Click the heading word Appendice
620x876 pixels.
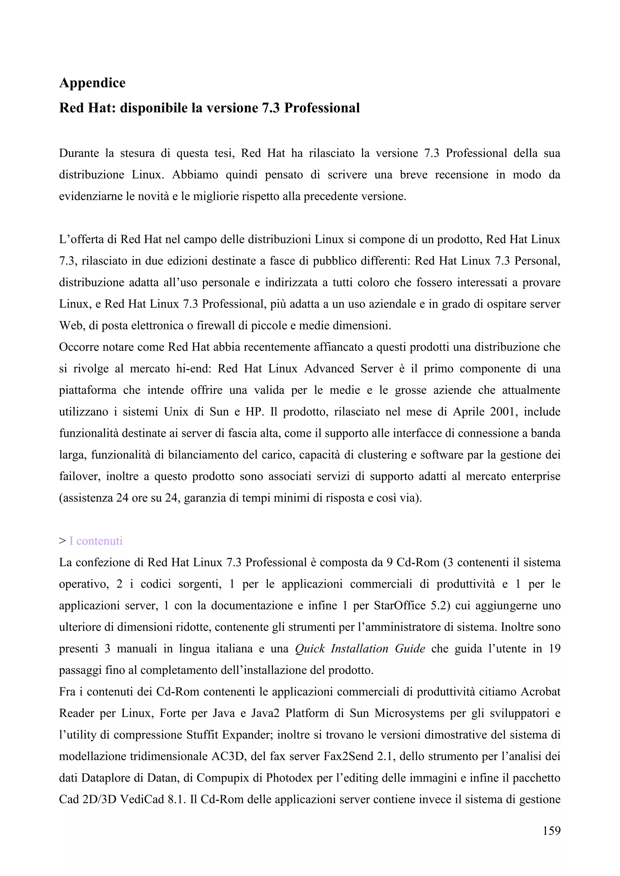pyautogui.click(x=92, y=83)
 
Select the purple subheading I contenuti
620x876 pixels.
pyautogui.click(x=96, y=541)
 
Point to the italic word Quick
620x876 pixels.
pyautogui.click(x=310, y=649)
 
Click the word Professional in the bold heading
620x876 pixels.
pyautogui.click(x=322, y=108)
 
